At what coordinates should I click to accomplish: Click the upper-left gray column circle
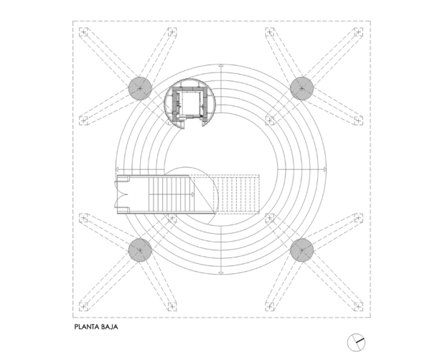(x=140, y=88)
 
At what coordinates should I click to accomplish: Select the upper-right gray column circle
(x=301, y=88)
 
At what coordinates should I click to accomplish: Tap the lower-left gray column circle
(x=140, y=250)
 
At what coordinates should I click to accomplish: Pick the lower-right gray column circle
(x=301, y=250)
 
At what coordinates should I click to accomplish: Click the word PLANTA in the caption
(x=87, y=327)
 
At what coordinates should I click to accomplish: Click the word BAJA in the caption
(x=109, y=327)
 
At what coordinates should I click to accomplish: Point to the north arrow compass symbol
(x=356, y=342)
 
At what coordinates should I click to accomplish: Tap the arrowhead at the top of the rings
(x=221, y=66)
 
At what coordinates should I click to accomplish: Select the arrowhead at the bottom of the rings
(x=221, y=273)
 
